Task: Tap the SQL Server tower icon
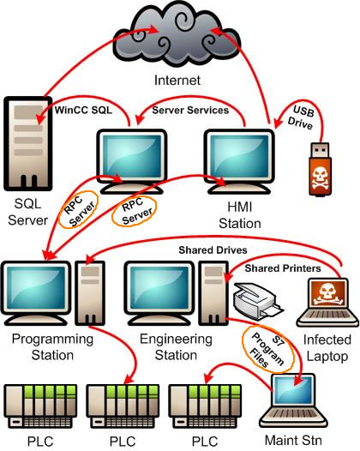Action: point(28,143)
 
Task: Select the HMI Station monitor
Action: point(239,161)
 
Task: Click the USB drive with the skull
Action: point(320,169)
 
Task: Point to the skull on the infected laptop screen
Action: point(327,293)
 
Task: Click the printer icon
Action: point(258,300)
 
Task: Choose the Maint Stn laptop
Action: point(293,401)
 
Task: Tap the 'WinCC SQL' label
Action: point(83,110)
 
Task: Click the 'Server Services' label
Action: point(190,110)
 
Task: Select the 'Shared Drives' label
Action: point(213,250)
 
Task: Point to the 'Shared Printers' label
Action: point(283,268)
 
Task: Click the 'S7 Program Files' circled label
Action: point(268,349)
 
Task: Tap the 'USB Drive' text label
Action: point(302,117)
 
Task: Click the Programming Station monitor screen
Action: point(36,287)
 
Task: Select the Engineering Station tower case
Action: point(213,292)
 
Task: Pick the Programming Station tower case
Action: point(90,292)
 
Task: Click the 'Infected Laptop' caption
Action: point(327,348)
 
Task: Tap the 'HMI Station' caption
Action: point(240,215)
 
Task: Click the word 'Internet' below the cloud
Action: point(177,81)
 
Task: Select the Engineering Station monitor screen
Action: point(159,287)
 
